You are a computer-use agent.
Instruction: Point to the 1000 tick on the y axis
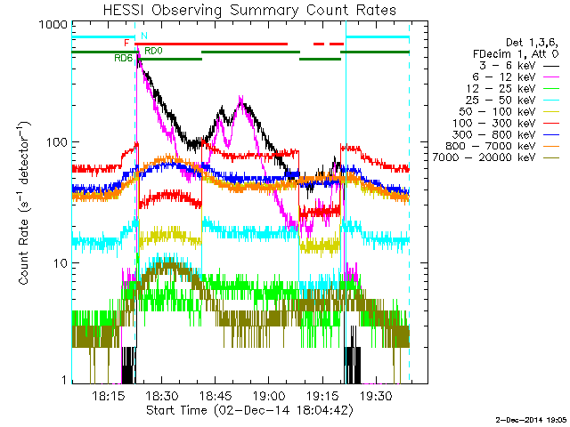[52, 28]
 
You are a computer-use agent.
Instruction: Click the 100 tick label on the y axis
[55, 142]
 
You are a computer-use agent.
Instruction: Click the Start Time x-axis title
[240, 411]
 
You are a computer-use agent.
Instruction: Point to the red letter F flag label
[127, 43]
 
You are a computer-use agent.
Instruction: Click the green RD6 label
[123, 58]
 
